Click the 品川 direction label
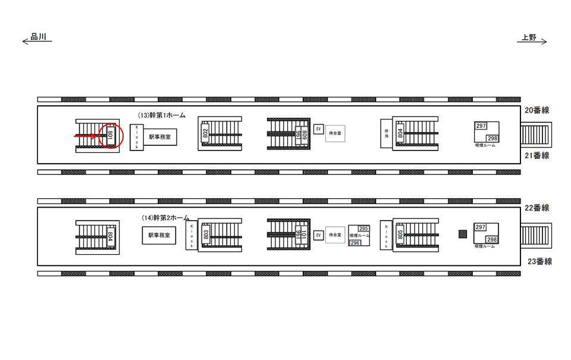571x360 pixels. (x=38, y=36)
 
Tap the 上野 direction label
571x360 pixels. (x=529, y=37)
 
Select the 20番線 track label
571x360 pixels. (x=537, y=110)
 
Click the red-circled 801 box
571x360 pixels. (x=110, y=136)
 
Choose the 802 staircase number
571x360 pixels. (x=205, y=134)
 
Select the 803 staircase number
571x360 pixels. (x=206, y=235)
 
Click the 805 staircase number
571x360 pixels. (x=400, y=235)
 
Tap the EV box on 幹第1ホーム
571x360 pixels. (x=318, y=129)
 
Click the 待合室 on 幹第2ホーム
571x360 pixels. (x=335, y=235)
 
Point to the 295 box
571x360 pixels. (x=363, y=228)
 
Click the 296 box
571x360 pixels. (x=354, y=243)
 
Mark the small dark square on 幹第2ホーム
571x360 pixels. (x=463, y=234)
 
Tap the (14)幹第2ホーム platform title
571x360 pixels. (x=165, y=218)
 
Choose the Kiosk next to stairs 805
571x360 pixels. (x=385, y=236)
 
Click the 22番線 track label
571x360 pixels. (x=537, y=208)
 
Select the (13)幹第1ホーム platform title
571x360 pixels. (x=161, y=115)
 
